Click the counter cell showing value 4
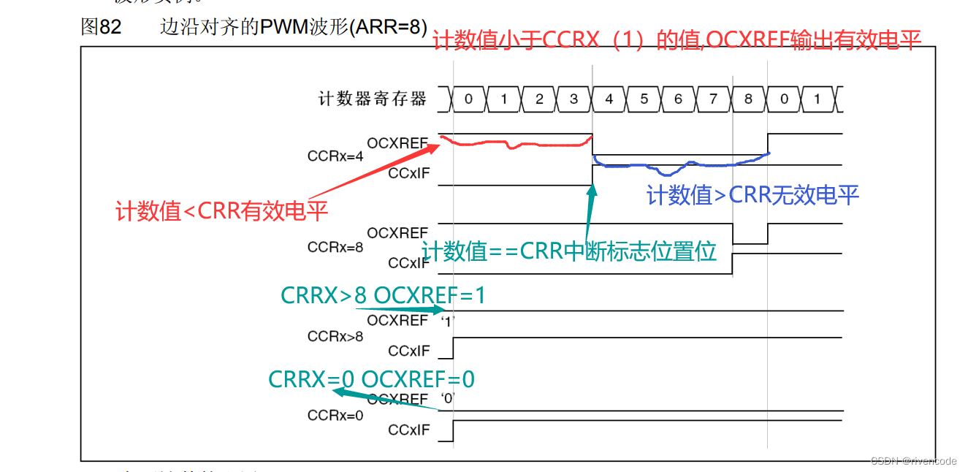click(x=609, y=99)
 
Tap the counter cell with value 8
click(x=748, y=99)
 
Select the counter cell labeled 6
click(x=679, y=99)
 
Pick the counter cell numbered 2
click(x=539, y=99)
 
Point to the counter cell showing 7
click(x=714, y=99)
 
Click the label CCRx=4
click(x=335, y=156)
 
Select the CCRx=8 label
click(x=335, y=247)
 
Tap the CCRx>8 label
click(x=335, y=337)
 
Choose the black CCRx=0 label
click(x=335, y=416)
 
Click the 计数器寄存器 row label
click(x=373, y=99)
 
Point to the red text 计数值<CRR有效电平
click(x=222, y=212)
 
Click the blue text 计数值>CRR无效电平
click(x=753, y=194)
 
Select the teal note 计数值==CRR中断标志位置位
click(x=569, y=251)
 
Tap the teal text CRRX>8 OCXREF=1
click(x=383, y=295)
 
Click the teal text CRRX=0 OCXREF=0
click(x=371, y=379)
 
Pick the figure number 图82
click(x=101, y=28)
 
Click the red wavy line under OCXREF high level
click(x=511, y=145)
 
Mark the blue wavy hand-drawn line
click(x=679, y=165)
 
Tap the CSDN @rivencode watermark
click(x=914, y=461)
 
